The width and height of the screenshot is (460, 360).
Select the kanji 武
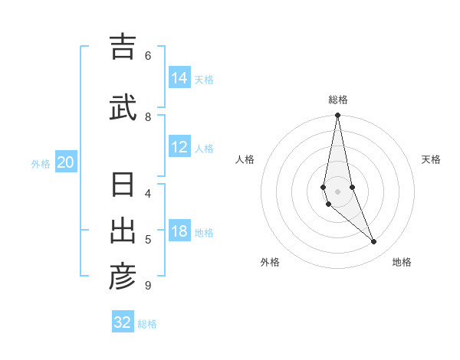coord(122,107)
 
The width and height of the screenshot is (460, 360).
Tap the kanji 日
coord(122,186)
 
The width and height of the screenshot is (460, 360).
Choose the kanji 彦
coord(122,277)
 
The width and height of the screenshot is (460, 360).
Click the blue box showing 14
coord(179,77)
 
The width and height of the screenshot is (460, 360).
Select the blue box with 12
coord(179,147)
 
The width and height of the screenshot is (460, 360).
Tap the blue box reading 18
coord(179,231)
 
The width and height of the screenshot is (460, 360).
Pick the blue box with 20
coord(66,162)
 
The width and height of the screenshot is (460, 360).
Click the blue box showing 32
coord(123,322)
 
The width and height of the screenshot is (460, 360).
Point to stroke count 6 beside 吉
coord(148,55)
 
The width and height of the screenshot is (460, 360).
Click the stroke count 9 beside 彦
coord(148,286)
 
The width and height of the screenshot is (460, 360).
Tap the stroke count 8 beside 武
coord(148,116)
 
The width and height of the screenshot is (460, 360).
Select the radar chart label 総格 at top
coord(337,100)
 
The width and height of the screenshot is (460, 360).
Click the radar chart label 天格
coord(431,159)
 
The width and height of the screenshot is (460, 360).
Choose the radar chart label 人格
coord(245,159)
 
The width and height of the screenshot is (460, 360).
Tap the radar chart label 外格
coord(269,262)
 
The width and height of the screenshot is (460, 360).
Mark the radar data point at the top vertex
coord(337,116)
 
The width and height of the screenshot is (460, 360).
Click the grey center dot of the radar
coord(337,191)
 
